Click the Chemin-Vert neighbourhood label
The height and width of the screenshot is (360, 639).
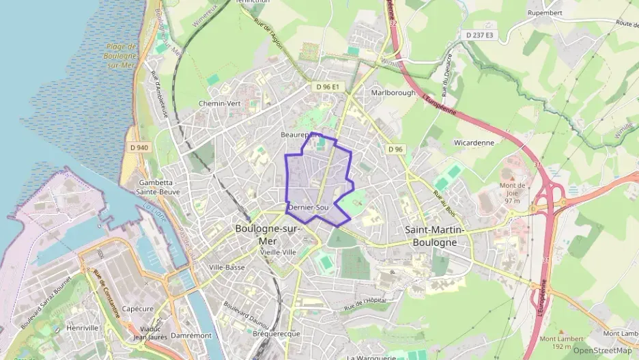219,103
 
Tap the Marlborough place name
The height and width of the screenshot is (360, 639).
393,92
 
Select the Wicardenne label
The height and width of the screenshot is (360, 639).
473,143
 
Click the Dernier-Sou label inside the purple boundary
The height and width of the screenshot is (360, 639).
309,207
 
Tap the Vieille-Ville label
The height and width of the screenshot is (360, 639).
278,251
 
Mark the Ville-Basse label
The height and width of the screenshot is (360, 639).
226,266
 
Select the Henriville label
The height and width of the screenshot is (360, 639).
83,328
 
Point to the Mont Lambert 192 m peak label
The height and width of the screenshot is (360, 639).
561,342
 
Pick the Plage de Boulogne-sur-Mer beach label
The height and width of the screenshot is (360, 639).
122,55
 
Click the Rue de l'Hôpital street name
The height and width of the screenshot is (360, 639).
369,303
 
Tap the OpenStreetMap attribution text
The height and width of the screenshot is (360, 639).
602,350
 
